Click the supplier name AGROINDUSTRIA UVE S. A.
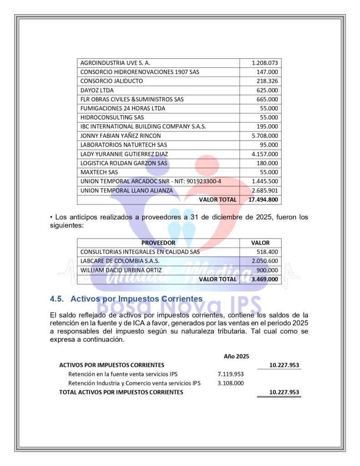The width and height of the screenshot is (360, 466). (115, 63)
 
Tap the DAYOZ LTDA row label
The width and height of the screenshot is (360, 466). (97, 90)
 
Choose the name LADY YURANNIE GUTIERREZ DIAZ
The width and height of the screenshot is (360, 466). (124, 154)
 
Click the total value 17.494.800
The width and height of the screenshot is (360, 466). (263, 199)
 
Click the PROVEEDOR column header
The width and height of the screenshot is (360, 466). (158, 243)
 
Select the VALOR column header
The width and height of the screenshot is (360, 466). (260, 243)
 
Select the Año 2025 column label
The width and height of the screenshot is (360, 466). (236, 356)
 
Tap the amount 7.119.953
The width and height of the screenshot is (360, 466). (231, 374)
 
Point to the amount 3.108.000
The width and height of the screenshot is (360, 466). (231, 383)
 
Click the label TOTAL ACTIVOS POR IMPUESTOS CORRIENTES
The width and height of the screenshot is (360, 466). (121, 392)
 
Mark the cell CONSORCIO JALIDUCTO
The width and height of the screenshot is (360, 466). (112, 81)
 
